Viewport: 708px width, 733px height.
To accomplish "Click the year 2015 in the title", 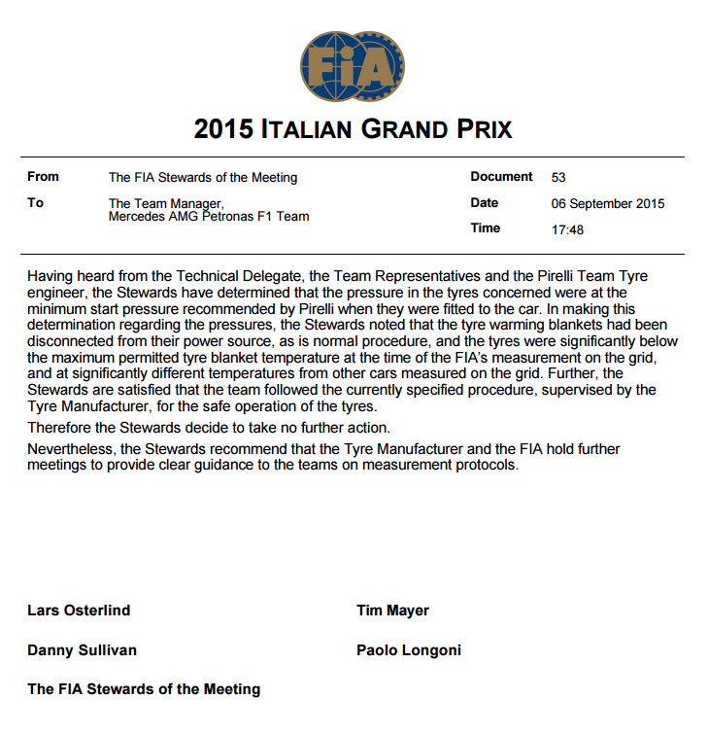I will tap(224, 129).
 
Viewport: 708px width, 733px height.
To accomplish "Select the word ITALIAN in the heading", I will tap(308, 129).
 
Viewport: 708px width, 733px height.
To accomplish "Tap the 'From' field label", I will tap(43, 177).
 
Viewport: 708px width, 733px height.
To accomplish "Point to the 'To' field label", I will tap(36, 203).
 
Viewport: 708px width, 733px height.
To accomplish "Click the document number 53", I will tap(557, 178).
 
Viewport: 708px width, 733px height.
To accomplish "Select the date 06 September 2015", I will tap(607, 204).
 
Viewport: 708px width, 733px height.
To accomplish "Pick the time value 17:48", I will tap(567, 229).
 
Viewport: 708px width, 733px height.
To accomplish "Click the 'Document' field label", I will tap(501, 177).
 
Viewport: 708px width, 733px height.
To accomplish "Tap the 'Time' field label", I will tap(485, 228).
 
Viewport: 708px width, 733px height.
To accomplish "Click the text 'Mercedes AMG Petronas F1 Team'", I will tap(209, 217).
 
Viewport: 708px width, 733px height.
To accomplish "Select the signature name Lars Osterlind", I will tap(79, 611).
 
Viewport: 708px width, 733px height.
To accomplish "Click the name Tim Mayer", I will tap(392, 611).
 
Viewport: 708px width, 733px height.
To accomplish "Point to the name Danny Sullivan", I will tap(82, 650).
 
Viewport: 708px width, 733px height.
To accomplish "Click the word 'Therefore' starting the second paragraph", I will tap(58, 429).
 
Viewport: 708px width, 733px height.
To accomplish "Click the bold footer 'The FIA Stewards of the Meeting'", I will tap(144, 689).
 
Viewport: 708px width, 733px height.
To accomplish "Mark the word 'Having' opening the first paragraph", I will tap(50, 276).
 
